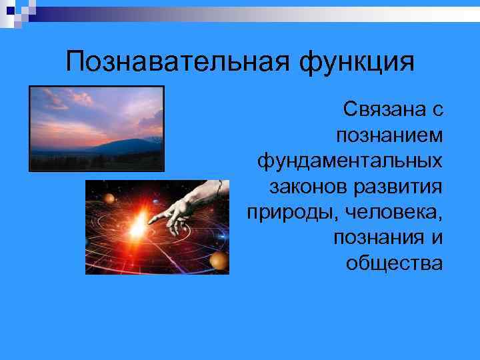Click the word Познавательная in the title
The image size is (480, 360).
178,63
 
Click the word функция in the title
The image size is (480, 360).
357,63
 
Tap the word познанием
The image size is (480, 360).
389,135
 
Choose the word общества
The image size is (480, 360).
394,263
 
